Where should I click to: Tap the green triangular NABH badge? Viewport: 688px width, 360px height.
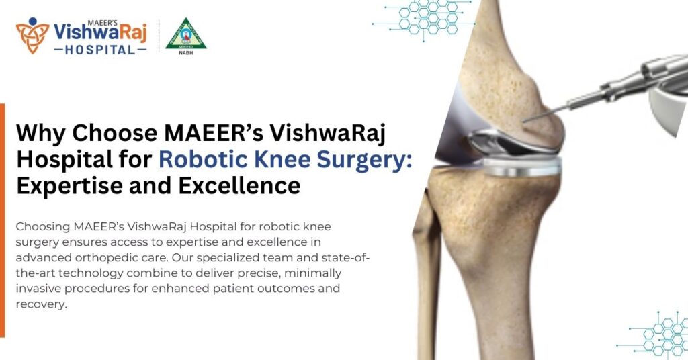pos(186,34)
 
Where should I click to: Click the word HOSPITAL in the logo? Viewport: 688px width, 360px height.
pos(100,51)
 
